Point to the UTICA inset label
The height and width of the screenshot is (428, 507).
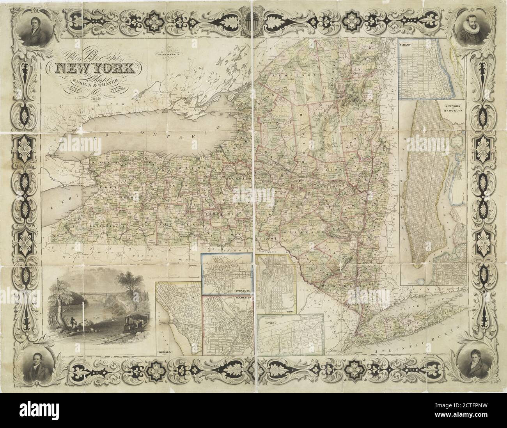[269, 323]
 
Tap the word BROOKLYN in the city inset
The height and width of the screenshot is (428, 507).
[452, 111]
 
